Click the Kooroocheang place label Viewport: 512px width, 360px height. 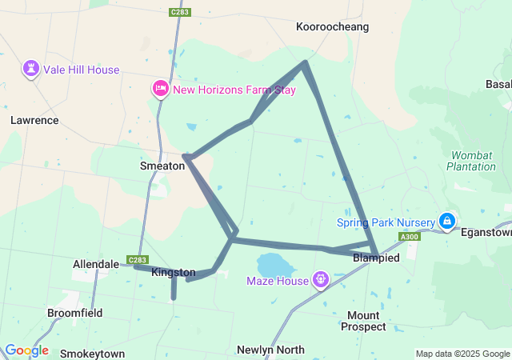333,26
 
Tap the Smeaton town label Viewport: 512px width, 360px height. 162,166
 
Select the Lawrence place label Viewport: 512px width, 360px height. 34,120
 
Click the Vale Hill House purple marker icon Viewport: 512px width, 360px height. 31,68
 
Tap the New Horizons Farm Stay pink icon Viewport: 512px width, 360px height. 160,88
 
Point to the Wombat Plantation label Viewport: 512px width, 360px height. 472,160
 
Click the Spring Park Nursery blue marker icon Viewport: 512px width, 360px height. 447,220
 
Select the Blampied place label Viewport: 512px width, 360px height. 376,258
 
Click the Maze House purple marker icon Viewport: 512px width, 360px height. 320,279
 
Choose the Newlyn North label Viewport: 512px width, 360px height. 270,350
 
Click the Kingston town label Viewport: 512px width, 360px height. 174,273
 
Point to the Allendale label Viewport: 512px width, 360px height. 95,263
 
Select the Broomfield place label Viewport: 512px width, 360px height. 74,313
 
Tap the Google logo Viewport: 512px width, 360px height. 26,350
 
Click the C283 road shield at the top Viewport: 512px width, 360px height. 180,12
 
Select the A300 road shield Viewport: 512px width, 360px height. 409,237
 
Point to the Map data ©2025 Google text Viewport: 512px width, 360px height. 462,354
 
